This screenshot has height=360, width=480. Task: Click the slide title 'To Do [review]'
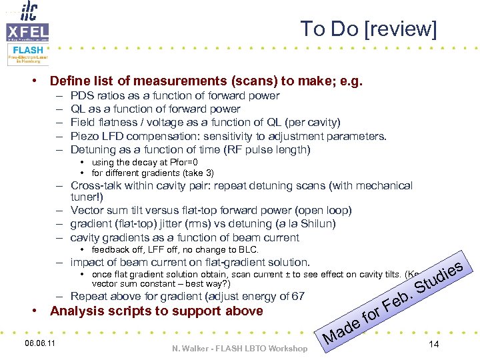pyautogui.click(x=368, y=29)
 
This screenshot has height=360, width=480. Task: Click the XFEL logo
pyautogui.click(x=27, y=31)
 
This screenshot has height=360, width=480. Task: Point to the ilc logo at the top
pyautogui.click(x=28, y=11)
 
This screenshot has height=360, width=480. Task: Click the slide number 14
pyautogui.click(x=434, y=344)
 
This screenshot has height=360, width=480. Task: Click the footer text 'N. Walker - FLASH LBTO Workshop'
pyautogui.click(x=240, y=348)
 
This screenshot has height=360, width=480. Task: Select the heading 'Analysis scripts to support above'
pyautogui.click(x=157, y=311)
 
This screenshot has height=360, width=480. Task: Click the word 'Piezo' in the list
pyautogui.click(x=83, y=136)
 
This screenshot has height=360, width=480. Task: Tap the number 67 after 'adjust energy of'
pyautogui.click(x=298, y=296)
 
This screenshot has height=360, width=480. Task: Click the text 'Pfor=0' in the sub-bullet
pyautogui.click(x=183, y=162)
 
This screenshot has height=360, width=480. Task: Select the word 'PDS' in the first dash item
pyautogui.click(x=81, y=95)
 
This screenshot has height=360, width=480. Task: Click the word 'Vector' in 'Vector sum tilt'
pyautogui.click(x=87, y=211)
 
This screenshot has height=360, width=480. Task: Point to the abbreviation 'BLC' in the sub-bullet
pyautogui.click(x=248, y=250)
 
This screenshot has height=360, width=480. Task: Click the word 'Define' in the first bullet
pyautogui.click(x=70, y=81)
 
